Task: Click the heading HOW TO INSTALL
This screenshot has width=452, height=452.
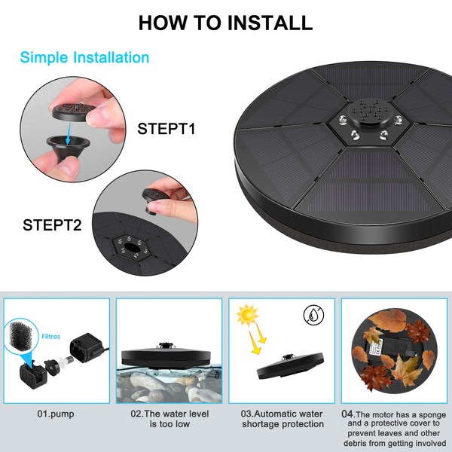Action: tap(225, 23)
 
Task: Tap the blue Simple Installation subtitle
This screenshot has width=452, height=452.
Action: tap(84, 57)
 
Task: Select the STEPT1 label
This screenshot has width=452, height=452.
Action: tap(166, 129)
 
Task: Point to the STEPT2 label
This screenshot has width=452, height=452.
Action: tap(52, 224)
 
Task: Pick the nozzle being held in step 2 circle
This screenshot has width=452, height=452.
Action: tap(155, 200)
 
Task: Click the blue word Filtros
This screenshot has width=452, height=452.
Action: tap(51, 337)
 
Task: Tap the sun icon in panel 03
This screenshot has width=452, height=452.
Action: tap(247, 315)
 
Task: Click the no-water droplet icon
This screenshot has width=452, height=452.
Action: tap(313, 315)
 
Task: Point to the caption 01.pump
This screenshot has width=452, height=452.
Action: tap(56, 414)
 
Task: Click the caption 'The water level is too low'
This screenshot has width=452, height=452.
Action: tap(169, 419)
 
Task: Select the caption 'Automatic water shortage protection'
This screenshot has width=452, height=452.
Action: tap(282, 419)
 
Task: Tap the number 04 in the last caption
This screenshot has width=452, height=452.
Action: tap(347, 414)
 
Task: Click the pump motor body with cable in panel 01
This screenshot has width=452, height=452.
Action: tap(88, 347)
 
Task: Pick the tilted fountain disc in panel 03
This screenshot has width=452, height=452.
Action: tap(290, 365)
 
